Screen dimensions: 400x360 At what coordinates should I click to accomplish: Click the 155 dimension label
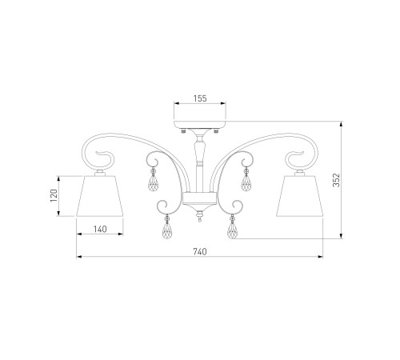coord(200,98)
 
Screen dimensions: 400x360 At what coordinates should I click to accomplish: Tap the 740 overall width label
coord(200,251)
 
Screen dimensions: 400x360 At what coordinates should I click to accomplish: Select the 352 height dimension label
coord(337,180)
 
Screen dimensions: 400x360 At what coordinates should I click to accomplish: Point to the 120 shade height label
coord(54,195)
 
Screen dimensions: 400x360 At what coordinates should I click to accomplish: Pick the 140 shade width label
coord(100,229)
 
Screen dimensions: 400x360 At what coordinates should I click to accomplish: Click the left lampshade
coord(100,196)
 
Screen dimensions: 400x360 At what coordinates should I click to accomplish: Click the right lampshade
coord(300,196)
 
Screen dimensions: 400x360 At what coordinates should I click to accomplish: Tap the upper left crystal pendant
coord(153,182)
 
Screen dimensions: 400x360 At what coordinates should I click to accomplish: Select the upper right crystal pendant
coord(246,182)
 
